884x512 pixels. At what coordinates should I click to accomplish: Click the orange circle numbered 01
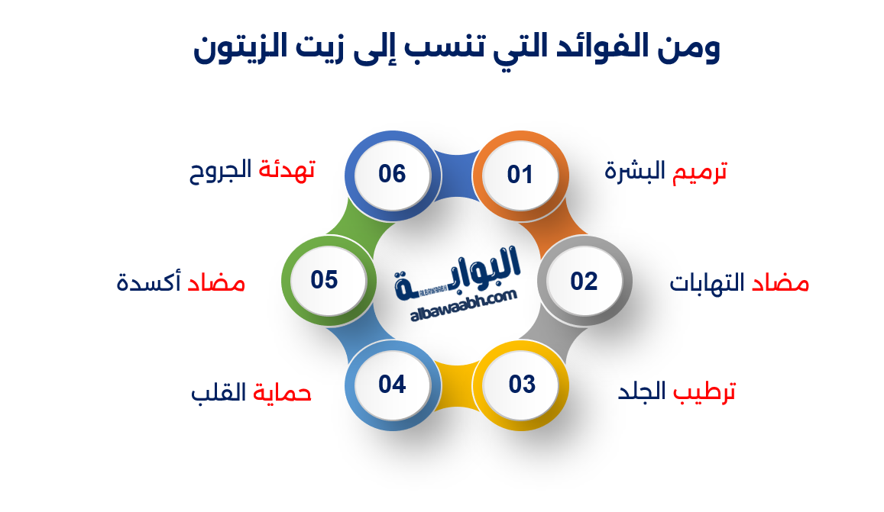point(520,175)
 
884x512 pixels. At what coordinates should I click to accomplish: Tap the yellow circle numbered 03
point(522,385)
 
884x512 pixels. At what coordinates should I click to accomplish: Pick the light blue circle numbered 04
point(392,385)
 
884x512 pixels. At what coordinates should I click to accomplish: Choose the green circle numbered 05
point(325,280)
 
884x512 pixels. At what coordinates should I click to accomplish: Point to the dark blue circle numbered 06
point(392,174)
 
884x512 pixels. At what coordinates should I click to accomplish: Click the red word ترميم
point(699,172)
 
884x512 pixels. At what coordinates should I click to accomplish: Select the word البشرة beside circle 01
point(635,171)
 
